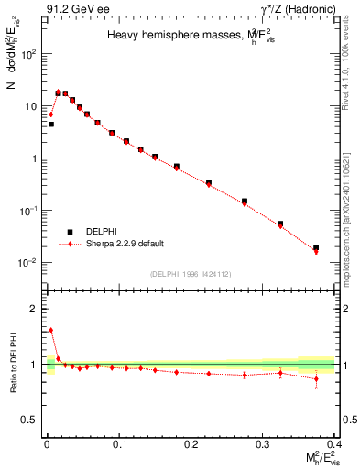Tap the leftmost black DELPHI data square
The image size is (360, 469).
(50, 124)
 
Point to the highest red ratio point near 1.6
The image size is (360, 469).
(50, 330)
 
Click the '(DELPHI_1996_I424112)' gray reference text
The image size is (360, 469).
(190, 273)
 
